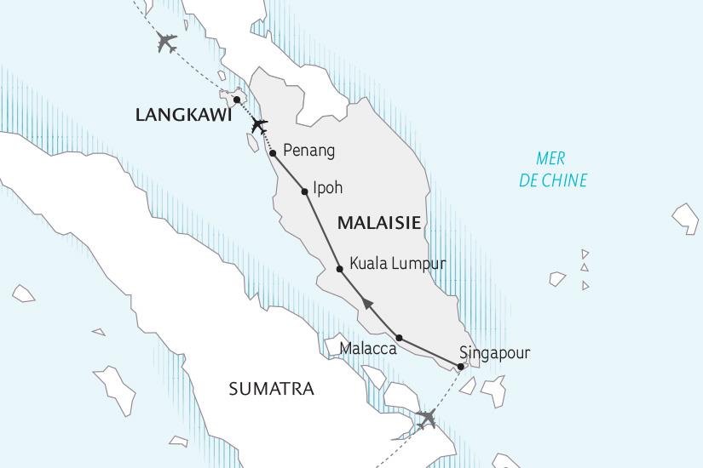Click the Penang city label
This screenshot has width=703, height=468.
308,151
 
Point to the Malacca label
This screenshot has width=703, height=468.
368,349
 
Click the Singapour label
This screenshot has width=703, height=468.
494,351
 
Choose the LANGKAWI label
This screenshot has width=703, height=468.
183,115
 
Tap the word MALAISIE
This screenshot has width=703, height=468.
379,223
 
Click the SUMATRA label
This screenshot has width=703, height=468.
271,390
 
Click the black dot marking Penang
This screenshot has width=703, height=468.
273,153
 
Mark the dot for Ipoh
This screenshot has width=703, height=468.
304,191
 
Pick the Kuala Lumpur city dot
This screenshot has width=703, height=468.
340,269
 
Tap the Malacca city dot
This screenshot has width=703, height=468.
399,338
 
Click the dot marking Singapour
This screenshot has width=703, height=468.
461,367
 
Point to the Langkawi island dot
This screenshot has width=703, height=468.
236,100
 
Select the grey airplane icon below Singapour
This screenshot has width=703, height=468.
425,418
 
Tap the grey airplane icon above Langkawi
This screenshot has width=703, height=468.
166,42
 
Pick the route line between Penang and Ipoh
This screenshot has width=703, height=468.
289,173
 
